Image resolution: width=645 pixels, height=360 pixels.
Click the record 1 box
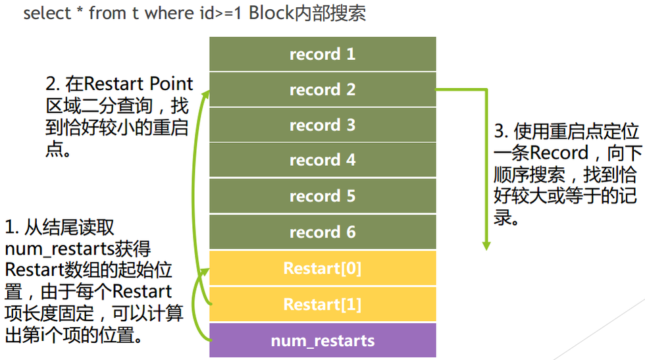point(322,54)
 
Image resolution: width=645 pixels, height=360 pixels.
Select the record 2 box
point(322,90)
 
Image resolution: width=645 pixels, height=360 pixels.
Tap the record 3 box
point(322,125)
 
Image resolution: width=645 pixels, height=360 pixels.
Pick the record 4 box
point(322,161)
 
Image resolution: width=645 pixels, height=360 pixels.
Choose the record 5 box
point(322,196)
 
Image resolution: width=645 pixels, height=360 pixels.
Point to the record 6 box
point(322,232)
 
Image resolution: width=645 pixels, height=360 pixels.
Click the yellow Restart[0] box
point(322,269)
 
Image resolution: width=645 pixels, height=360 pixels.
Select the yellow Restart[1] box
point(322,305)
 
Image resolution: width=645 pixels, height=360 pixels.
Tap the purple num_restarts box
point(322,341)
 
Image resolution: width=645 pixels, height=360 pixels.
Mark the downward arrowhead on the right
point(486,245)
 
